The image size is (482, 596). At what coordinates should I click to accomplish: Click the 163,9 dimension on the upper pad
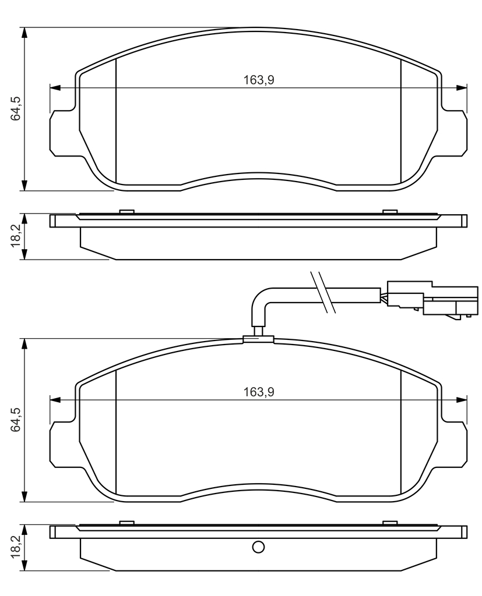(259, 80)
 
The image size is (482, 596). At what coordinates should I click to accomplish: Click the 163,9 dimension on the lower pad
(259, 392)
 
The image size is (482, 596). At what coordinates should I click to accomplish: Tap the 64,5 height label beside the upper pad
(15, 109)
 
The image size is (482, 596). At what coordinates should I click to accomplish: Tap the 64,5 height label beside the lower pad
(15, 420)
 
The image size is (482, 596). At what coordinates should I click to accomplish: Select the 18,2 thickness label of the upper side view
(15, 236)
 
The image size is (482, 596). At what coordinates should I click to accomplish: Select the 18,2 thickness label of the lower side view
(15, 547)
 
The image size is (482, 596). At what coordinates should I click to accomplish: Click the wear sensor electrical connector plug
(432, 299)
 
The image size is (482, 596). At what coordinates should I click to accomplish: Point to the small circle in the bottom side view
(258, 547)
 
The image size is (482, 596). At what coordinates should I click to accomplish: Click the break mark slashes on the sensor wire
(323, 292)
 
